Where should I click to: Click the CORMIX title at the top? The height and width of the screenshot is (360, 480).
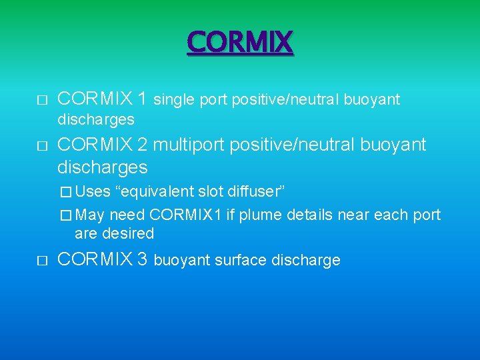240,43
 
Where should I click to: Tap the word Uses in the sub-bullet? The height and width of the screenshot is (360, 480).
93,192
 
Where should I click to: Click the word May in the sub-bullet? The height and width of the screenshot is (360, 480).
91,215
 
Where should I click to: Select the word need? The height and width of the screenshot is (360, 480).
127,215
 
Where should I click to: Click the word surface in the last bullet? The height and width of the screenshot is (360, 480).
237,260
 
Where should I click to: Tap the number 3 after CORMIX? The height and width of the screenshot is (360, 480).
141,259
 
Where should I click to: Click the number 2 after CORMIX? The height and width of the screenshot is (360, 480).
141,145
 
